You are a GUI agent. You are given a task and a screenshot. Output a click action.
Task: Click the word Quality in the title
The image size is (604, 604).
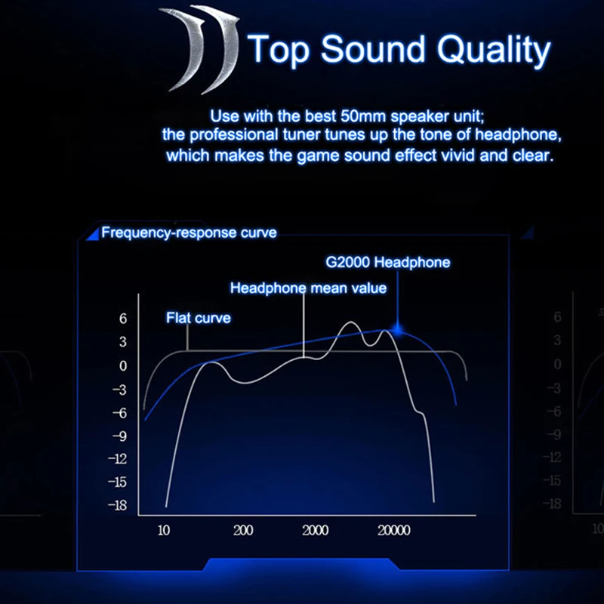click(494, 50)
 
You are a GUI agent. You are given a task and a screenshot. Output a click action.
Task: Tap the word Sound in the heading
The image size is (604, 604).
click(372, 48)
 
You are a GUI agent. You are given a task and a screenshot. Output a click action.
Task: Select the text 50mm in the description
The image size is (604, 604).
click(363, 116)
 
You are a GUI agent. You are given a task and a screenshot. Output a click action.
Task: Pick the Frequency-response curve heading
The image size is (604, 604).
click(189, 233)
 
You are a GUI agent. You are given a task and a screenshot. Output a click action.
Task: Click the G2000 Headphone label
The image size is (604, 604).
click(388, 262)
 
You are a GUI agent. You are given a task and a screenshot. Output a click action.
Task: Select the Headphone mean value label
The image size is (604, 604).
click(308, 288)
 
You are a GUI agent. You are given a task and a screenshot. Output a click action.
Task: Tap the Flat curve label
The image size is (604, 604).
click(199, 318)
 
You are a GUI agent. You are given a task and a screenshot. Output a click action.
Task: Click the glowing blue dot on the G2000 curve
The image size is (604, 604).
click(398, 330)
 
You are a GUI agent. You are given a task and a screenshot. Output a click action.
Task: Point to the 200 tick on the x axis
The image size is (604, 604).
click(243, 531)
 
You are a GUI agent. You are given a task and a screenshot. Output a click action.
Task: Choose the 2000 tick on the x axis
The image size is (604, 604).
click(315, 531)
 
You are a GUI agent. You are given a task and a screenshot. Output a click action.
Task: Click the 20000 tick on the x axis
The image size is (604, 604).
click(393, 531)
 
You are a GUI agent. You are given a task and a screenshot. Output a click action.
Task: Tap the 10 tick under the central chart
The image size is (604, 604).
click(164, 531)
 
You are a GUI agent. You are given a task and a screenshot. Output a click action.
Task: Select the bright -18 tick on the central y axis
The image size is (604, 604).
click(118, 505)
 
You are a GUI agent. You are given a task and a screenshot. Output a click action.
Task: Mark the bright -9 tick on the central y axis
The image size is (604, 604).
click(119, 436)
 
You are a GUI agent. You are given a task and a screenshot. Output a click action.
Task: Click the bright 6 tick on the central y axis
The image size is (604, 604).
click(123, 319)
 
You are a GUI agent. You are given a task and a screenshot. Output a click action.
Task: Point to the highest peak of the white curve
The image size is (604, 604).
click(351, 322)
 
